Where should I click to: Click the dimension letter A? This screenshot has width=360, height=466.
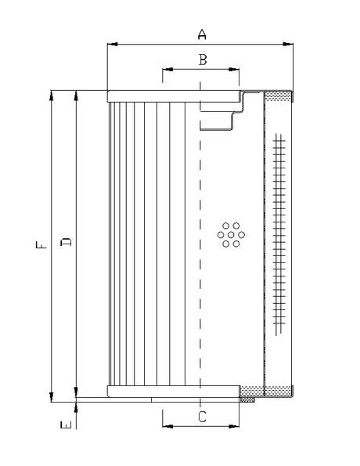point(201,34)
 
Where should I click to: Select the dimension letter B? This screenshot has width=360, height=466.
point(201,60)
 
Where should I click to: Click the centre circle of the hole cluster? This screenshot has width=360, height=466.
point(231,234)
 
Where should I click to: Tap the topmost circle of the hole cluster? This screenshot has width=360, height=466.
point(231,225)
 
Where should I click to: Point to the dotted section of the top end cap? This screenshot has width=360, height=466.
point(278,96)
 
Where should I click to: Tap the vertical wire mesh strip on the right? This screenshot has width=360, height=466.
point(278,235)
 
